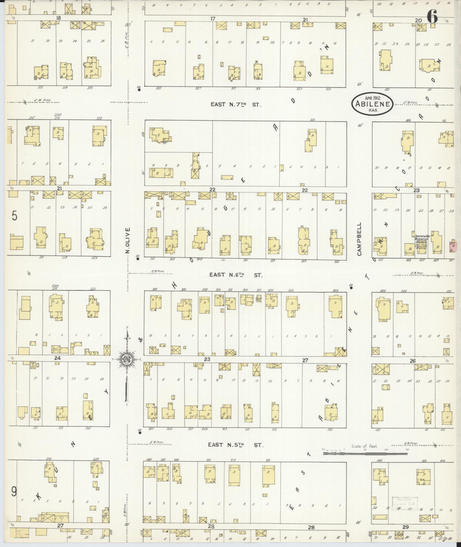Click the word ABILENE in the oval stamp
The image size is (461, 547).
(372, 104)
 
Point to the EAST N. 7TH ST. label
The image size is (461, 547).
(236, 105)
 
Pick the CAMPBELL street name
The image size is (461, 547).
(359, 239)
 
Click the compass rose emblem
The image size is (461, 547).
(126, 359)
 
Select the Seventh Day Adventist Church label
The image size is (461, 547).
(421, 240)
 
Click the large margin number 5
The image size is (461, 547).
(15, 216)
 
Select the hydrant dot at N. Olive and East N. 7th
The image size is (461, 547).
(139, 90)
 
